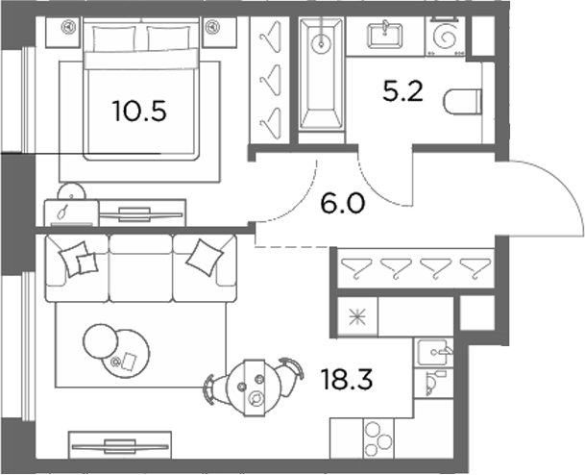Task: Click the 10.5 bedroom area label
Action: tap(139, 112)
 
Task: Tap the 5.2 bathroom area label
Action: tap(402, 91)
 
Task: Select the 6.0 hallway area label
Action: tap(342, 204)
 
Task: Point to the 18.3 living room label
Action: tap(347, 380)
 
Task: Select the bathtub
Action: tap(321, 75)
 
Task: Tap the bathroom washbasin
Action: tap(385, 36)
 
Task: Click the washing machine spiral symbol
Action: tap(446, 37)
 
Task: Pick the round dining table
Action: tap(254, 387)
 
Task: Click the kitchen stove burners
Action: tap(378, 439)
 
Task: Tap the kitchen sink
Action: tap(433, 352)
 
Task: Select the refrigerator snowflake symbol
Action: tap(357, 317)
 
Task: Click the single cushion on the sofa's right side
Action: tap(205, 258)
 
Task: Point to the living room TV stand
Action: tap(120, 445)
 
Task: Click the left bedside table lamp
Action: tap(68, 27)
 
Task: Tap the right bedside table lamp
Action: tap(212, 27)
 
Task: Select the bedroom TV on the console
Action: tap(140, 214)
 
